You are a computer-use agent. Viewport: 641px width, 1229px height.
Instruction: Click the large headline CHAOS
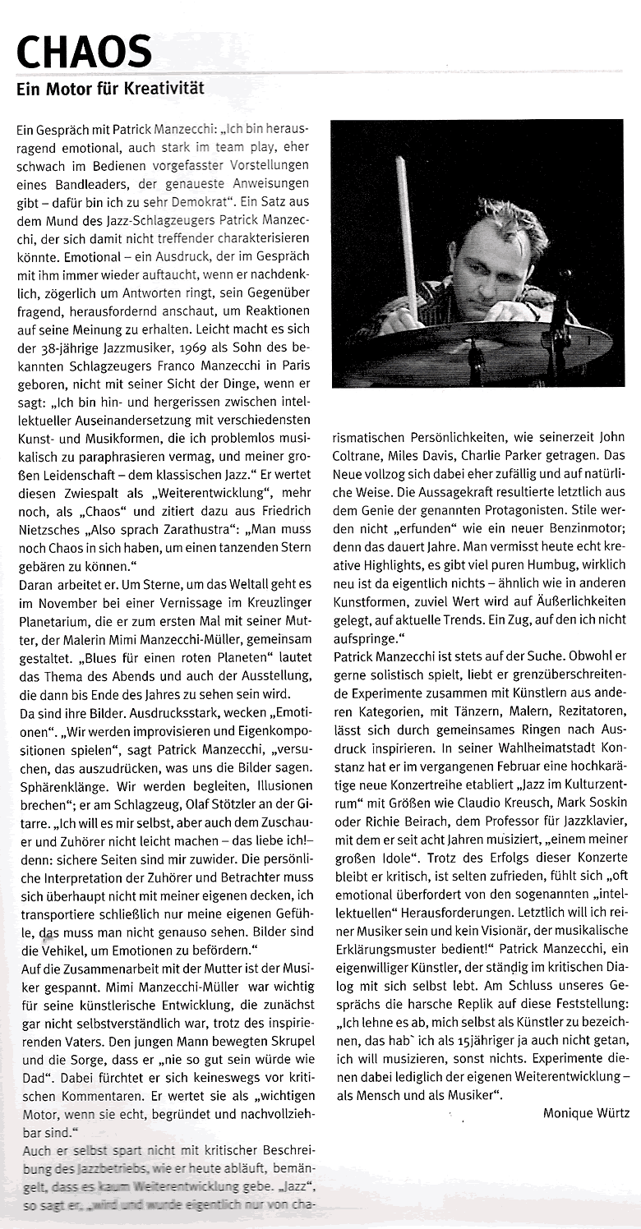tap(84, 52)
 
